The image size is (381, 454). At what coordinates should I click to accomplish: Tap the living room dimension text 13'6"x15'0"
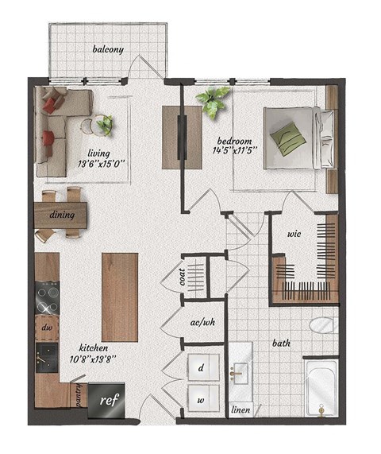point(102,164)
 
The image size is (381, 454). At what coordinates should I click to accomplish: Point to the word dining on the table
point(63,215)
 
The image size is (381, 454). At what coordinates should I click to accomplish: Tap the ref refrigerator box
point(106,401)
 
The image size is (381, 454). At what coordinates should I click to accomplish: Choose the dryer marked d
point(201,369)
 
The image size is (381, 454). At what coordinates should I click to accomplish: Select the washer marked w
point(201,400)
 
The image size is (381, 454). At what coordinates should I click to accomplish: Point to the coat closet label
point(182,277)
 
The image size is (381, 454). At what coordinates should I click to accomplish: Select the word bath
point(281,344)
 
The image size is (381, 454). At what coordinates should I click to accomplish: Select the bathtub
point(321,390)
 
